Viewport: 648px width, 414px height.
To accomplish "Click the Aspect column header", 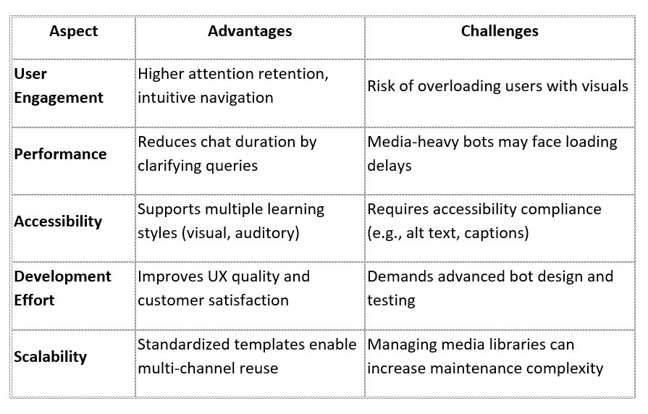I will pyautogui.click(x=73, y=31).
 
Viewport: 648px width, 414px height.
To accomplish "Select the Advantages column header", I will pyautogui.click(x=250, y=31).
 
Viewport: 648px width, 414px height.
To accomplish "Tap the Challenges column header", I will pyautogui.click(x=500, y=31).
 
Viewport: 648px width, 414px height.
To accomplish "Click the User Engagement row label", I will pyautogui.click(x=59, y=85).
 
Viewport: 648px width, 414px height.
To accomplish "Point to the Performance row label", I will pyautogui.click(x=60, y=153).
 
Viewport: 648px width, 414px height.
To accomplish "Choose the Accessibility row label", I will pyautogui.click(x=59, y=221).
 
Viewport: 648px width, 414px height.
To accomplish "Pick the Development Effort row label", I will pyautogui.click(x=62, y=287).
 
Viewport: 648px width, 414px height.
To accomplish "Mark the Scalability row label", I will pyautogui.click(x=51, y=356).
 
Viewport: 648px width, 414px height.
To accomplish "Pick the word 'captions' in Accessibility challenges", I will pyautogui.click(x=496, y=233).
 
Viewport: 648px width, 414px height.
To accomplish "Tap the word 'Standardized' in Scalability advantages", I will pyautogui.click(x=184, y=344).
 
